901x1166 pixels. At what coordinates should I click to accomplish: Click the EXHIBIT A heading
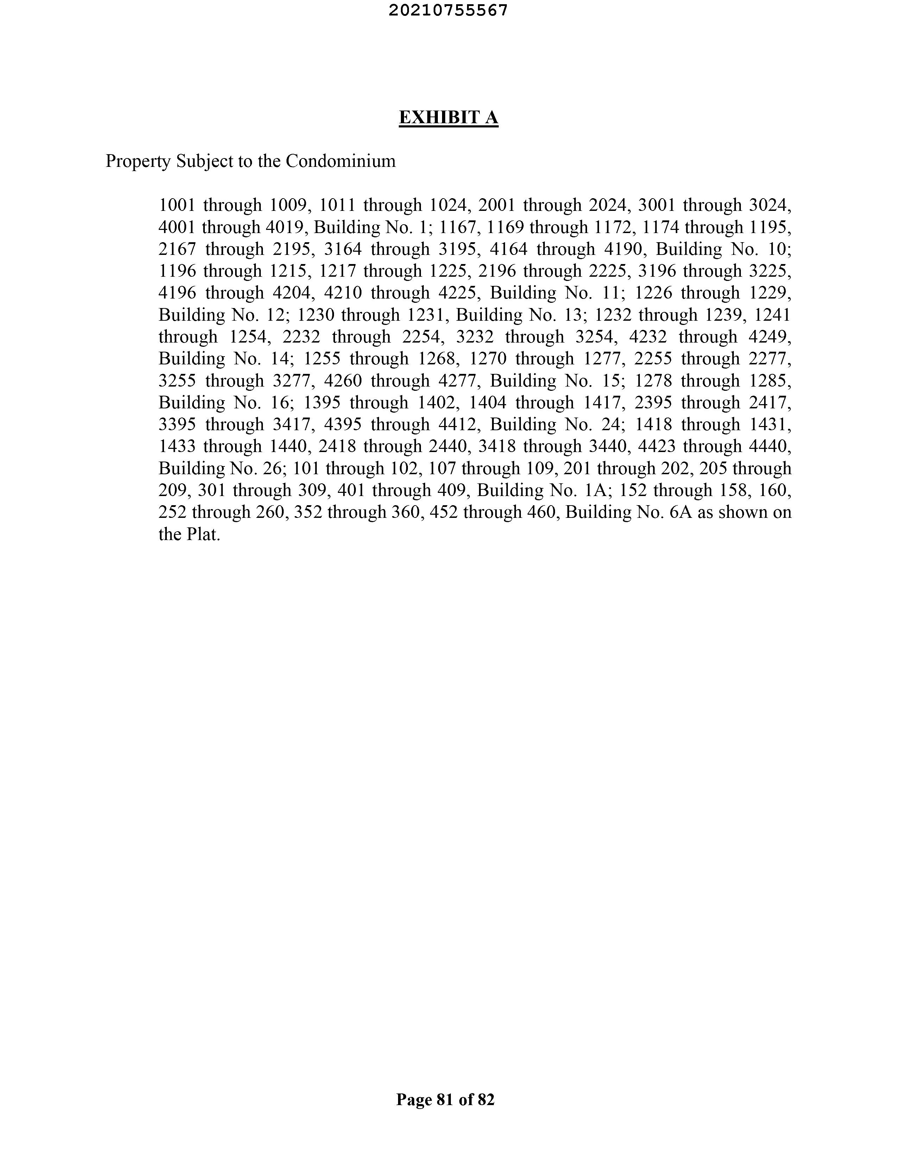coord(448,118)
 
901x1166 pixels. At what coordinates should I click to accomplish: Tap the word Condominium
coord(341,161)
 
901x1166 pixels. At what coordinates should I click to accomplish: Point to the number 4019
coord(285,227)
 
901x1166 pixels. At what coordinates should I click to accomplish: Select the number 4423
coord(656,446)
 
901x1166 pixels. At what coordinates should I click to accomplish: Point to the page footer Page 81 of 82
coord(446,1100)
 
